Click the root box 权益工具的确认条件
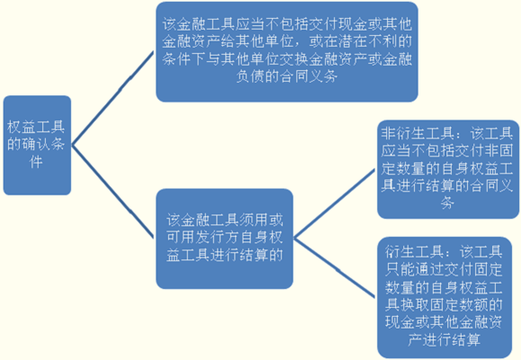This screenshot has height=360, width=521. coord(37,145)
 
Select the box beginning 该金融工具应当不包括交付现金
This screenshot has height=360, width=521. coord(287,52)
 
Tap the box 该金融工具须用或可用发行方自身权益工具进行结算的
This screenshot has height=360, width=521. coord(225,239)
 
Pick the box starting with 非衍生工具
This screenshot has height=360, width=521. coord(448,170)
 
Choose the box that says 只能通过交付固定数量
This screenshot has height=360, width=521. coord(445,297)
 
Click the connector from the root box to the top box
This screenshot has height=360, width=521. coord(113,98)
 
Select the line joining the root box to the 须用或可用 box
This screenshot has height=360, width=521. coord(113,191)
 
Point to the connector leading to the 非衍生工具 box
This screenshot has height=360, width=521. coord(334,204)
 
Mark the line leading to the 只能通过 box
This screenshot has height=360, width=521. coord(334,268)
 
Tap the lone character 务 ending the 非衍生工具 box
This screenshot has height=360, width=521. coord(447,203)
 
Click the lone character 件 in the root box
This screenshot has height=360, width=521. coord(36,162)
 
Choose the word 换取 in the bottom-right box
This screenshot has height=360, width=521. coord(414,304)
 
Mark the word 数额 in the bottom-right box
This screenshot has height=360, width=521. coord(472,304)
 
